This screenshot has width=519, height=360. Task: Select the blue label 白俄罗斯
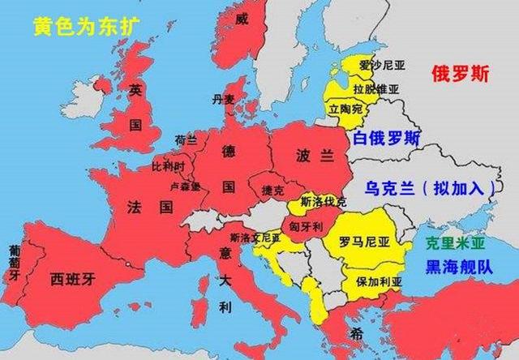(x=387, y=138)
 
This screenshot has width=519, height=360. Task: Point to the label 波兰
(x=302, y=155)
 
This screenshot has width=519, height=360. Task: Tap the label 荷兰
(x=186, y=140)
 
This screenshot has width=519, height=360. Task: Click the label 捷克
(x=272, y=190)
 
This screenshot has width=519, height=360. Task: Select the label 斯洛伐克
(x=323, y=200)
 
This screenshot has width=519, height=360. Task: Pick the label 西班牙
(x=73, y=280)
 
